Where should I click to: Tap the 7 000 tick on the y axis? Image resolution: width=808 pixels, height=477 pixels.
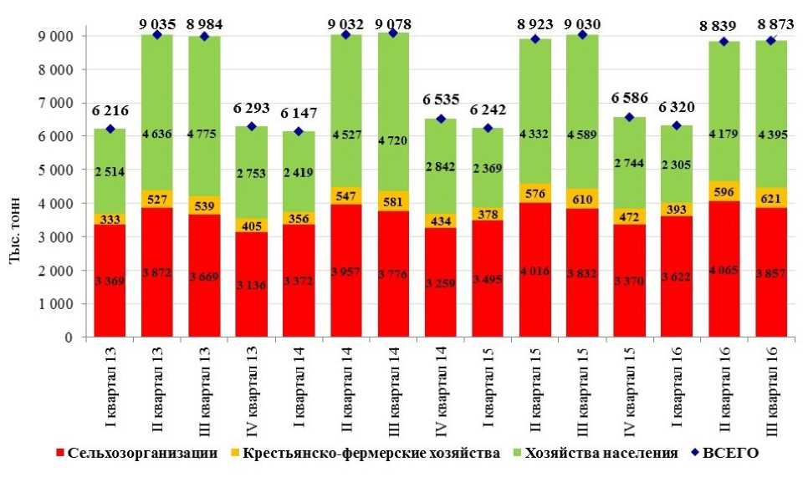pos(54,103)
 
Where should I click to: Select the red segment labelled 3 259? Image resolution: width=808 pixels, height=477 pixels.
pos(441,282)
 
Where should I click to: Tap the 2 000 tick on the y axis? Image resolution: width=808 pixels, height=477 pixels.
pos(54,271)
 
